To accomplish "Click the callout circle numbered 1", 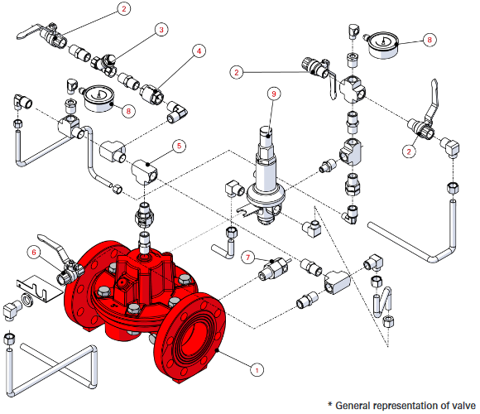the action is pyautogui.click(x=257, y=370).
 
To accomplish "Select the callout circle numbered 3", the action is pyautogui.click(x=161, y=30).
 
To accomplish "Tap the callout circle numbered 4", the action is pyautogui.click(x=199, y=51).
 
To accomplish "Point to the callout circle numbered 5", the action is pyautogui.click(x=179, y=146).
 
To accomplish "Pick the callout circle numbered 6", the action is pyautogui.click(x=34, y=252).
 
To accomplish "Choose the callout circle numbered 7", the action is pyautogui.click(x=248, y=258).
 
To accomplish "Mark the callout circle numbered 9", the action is pyautogui.click(x=274, y=94).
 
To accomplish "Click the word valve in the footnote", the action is pyautogui.click(x=463, y=406).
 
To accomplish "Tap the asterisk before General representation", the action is pyautogui.click(x=329, y=404).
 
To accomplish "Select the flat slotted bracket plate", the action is pyautogui.click(x=39, y=288).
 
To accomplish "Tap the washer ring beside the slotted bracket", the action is pyautogui.click(x=27, y=300).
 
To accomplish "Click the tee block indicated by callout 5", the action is pyautogui.click(x=145, y=171).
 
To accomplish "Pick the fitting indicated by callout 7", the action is pyautogui.click(x=273, y=268).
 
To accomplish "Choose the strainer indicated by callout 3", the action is pyautogui.click(x=105, y=64).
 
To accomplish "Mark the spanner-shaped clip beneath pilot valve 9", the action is pyautogui.click(x=248, y=211).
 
